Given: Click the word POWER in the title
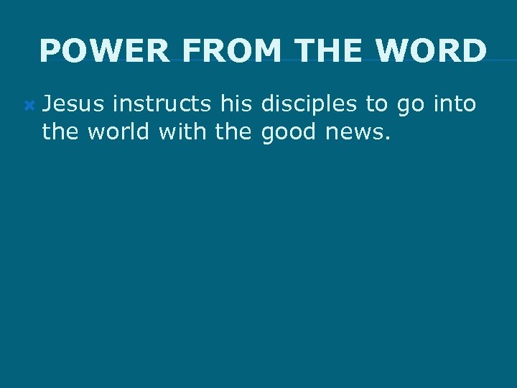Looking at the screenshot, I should [x=104, y=51].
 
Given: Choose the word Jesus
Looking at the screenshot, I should [x=73, y=104].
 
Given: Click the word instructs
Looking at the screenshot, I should [x=162, y=104].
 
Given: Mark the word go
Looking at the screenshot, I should [x=410, y=106].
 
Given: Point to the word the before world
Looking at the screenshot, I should [x=61, y=131].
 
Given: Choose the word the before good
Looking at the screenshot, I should [x=236, y=131].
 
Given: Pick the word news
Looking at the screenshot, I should [x=356, y=133].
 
